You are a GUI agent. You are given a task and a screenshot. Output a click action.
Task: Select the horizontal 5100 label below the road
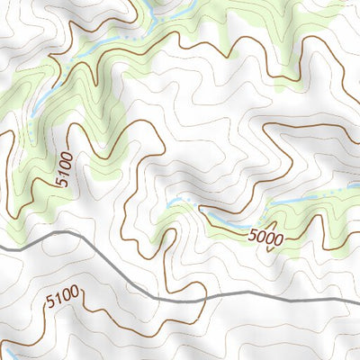pyautogui.click(x=62, y=294)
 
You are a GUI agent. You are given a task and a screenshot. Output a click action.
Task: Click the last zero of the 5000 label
pyautogui.click(x=280, y=239)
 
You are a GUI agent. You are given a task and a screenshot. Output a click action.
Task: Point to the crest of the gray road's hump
pyautogui.click(x=63, y=233)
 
